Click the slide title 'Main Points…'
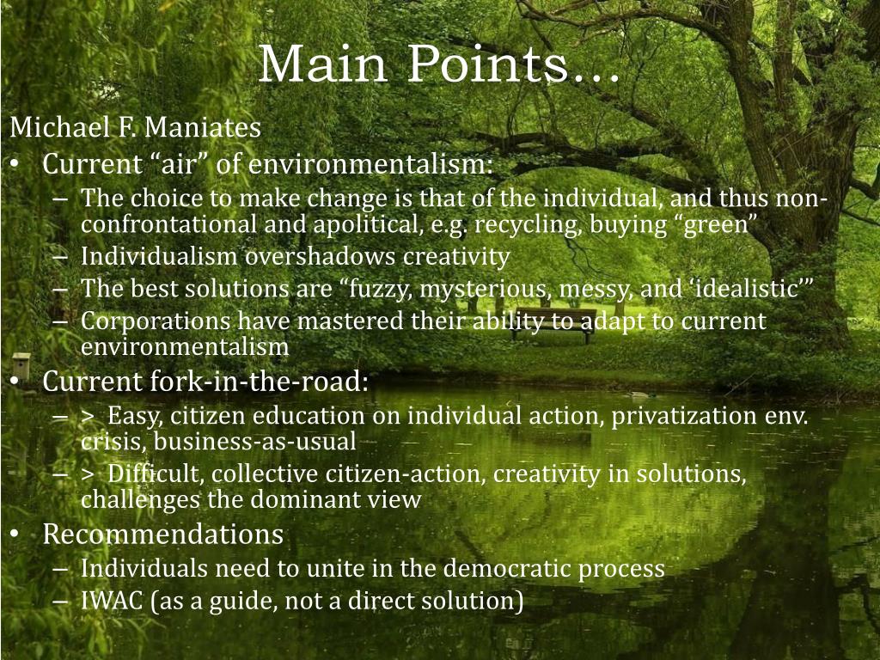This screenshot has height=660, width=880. (x=438, y=64)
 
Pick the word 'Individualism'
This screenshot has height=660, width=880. (x=160, y=256)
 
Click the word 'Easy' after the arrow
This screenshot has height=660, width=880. (x=136, y=416)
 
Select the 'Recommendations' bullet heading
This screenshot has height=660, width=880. (x=162, y=535)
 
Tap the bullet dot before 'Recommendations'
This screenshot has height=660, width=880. (x=16, y=535)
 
